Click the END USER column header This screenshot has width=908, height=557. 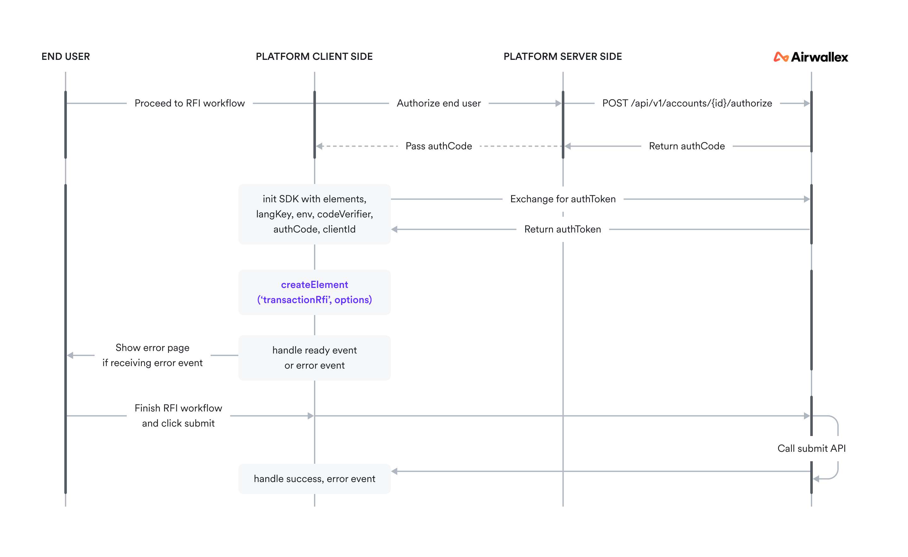click(66, 56)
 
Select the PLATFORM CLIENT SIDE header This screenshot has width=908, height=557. click(314, 56)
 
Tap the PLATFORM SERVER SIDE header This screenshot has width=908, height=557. click(562, 56)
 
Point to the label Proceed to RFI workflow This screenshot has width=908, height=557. click(189, 103)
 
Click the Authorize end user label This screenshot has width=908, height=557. click(439, 103)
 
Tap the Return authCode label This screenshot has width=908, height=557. click(687, 146)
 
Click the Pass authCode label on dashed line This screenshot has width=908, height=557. click(439, 146)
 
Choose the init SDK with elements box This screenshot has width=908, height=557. click(314, 214)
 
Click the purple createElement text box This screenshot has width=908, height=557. click(314, 292)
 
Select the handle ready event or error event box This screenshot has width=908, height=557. click(314, 358)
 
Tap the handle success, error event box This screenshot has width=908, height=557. click(314, 479)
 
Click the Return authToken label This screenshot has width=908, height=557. click(562, 229)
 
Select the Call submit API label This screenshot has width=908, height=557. click(812, 448)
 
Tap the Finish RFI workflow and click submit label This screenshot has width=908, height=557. click(178, 416)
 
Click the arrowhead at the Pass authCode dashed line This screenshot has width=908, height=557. click(320, 146)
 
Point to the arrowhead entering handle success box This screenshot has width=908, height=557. click(394, 471)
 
